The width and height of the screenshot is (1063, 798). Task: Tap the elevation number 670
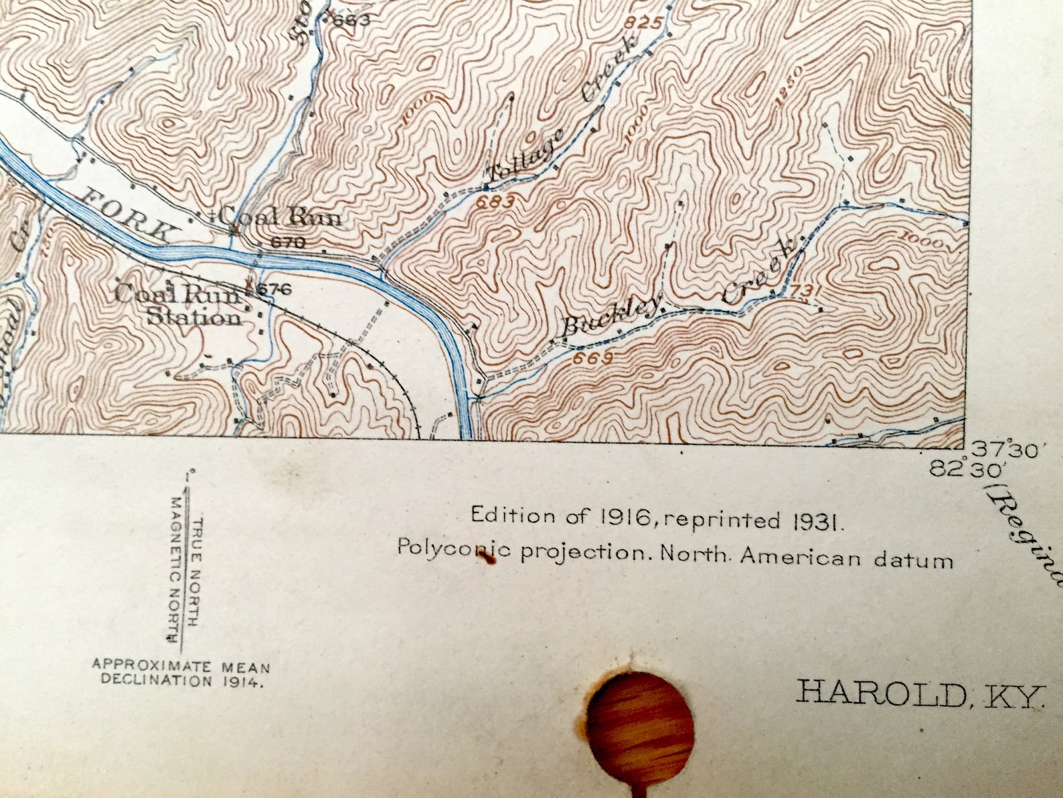click(x=288, y=243)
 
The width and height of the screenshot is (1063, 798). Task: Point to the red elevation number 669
click(x=593, y=358)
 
